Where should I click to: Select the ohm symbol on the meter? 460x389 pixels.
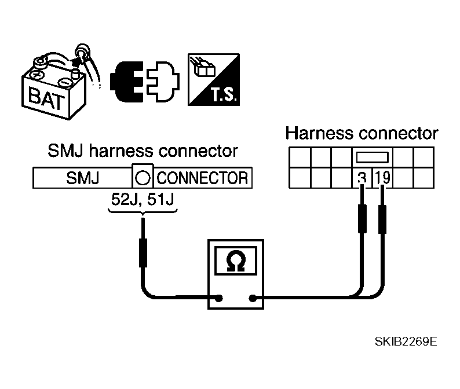[234, 262]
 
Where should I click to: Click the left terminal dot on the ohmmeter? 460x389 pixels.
[219, 299]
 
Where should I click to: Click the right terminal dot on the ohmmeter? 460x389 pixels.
[253, 299]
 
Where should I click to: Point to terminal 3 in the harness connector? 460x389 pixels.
[361, 178]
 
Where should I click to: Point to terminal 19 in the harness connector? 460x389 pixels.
[382, 178]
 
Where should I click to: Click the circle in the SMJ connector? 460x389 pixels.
[144, 178]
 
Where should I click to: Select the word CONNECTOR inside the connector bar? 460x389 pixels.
[202, 178]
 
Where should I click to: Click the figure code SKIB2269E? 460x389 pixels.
[404, 341]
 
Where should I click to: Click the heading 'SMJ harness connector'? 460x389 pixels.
[142, 152]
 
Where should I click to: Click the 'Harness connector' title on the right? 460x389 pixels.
[362, 133]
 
